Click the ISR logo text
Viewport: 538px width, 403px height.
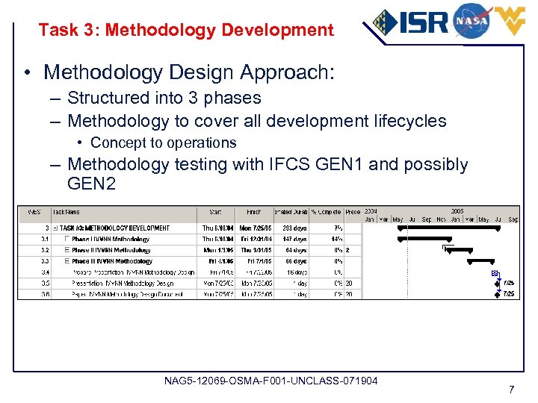422,22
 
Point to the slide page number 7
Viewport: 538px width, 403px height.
511,390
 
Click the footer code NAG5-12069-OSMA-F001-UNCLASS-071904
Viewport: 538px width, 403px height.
270,381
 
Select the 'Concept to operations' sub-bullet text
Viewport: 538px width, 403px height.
163,143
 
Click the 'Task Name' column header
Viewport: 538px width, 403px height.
67,211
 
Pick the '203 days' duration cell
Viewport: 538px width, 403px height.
293,228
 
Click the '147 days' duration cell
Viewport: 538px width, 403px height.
293,240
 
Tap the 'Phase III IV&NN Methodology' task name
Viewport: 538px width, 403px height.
112,261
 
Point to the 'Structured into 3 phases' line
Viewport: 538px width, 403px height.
164,98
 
